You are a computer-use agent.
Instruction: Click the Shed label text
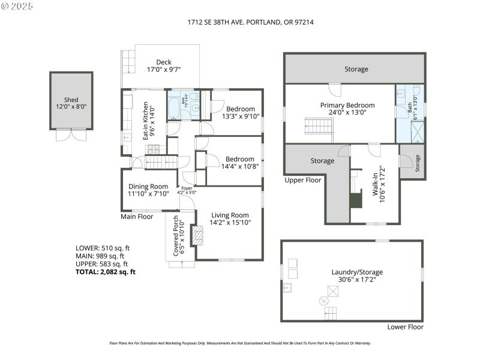[71, 100]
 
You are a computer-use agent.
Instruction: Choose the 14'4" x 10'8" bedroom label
[240, 163]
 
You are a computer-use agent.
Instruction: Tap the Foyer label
[187, 188]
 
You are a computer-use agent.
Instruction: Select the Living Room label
[229, 219]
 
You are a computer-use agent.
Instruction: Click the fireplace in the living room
[197, 235]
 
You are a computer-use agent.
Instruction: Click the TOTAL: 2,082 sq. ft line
[106, 272]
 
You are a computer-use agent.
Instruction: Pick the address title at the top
[251, 22]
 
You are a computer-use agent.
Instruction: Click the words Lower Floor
[405, 327]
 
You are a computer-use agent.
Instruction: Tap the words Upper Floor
[303, 180]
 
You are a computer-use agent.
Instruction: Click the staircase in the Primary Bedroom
[319, 127]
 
